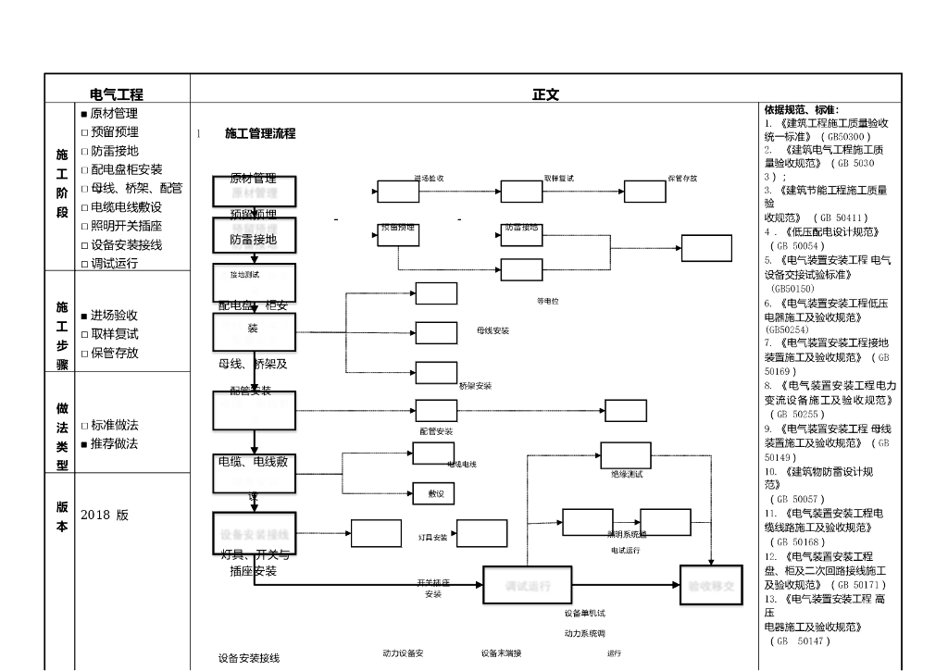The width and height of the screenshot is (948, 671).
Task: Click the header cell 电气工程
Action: click(117, 94)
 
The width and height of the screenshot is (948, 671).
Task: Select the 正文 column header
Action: click(545, 94)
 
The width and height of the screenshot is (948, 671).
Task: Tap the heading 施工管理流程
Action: click(260, 133)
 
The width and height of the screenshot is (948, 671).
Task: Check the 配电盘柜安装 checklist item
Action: click(126, 169)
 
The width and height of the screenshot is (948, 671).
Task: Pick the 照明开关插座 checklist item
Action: click(126, 226)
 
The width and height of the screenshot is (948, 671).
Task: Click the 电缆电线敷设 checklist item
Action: click(126, 207)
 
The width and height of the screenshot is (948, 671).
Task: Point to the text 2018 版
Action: click(105, 515)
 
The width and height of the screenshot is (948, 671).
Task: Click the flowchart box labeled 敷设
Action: click(434, 495)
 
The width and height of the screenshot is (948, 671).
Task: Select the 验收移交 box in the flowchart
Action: click(712, 586)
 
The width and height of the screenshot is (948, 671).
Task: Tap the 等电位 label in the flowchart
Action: click(548, 301)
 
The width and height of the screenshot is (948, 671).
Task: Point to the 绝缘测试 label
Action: click(627, 474)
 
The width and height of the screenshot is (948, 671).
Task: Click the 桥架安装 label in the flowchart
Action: click(475, 386)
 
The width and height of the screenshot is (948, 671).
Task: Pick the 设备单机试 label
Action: click(585, 613)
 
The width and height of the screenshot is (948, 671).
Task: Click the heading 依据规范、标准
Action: click(802, 109)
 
